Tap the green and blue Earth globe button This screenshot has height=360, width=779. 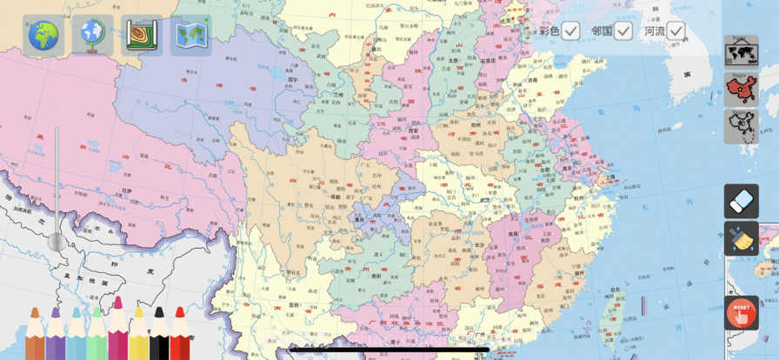[43, 36]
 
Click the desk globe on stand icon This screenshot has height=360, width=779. [92, 36]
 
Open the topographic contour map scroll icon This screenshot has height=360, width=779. [142, 36]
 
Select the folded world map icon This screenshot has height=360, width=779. [190, 36]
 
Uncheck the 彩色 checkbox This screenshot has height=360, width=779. [570, 31]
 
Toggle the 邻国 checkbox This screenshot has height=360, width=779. [623, 31]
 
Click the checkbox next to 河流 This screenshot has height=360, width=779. [676, 31]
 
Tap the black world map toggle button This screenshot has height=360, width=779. [741, 52]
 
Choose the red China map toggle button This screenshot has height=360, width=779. [741, 90]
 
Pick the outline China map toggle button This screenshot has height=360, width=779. [741, 127]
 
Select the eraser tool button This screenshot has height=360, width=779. [741, 202]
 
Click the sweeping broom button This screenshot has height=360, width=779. [741, 238]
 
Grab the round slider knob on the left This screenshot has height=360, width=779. [57, 242]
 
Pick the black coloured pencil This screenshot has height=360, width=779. [159, 335]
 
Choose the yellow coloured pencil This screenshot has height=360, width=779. [138, 335]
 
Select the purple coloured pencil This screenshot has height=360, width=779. [56, 335]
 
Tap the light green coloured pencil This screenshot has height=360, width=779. [97, 335]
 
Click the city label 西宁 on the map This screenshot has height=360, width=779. [292, 79]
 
